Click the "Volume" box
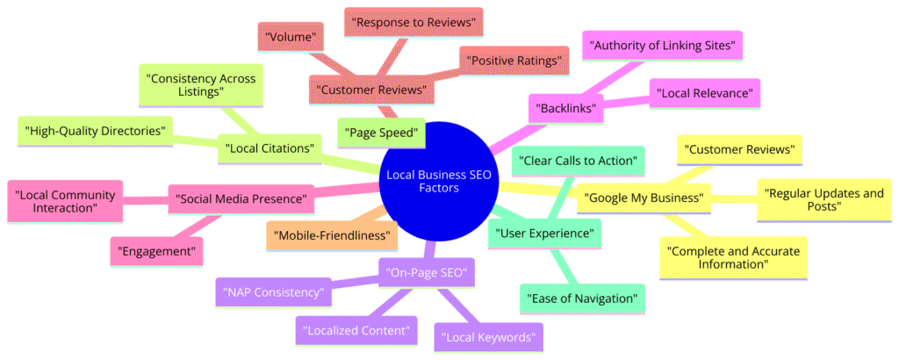(x=289, y=38)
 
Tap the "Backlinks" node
(x=564, y=109)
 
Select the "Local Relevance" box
(x=704, y=91)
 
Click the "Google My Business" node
(x=643, y=198)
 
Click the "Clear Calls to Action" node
(x=579, y=161)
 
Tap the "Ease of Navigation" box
(x=583, y=298)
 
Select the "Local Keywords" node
(x=488, y=335)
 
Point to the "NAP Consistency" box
(x=274, y=292)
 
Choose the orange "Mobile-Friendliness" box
(x=332, y=234)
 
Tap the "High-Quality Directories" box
(x=96, y=132)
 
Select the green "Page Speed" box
(x=381, y=133)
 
